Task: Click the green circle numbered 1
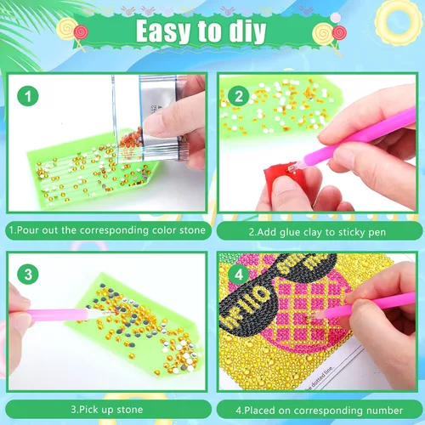point(28,96)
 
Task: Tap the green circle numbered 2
point(239,96)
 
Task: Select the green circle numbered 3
point(28,275)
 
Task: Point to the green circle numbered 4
point(239,275)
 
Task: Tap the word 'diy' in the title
point(247,31)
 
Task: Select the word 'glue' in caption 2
point(290,232)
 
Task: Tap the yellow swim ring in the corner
point(399,22)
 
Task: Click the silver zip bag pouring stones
point(150,119)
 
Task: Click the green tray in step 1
point(91,170)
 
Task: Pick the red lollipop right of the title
point(339,33)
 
